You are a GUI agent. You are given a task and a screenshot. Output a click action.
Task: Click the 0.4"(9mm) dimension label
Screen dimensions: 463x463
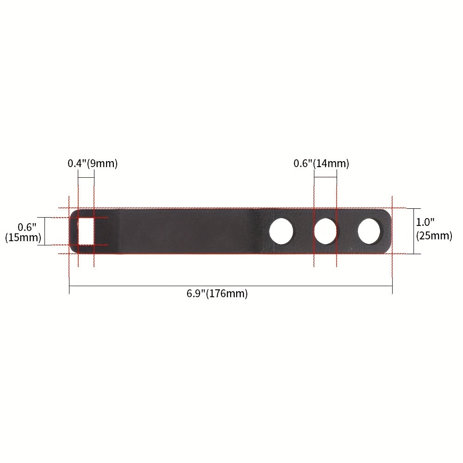coord(93,163)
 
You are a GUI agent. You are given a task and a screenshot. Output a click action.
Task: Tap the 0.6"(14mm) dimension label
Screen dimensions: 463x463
coord(321,163)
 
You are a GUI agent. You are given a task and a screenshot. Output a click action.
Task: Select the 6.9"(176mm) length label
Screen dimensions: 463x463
coord(217,294)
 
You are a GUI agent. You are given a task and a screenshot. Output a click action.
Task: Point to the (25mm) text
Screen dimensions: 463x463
coord(434,236)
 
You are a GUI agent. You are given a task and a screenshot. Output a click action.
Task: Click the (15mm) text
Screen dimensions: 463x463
coord(23,238)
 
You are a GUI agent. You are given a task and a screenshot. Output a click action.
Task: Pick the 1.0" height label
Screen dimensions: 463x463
coord(425,222)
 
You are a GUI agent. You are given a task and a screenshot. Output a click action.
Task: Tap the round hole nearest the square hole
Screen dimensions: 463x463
coord(281,231)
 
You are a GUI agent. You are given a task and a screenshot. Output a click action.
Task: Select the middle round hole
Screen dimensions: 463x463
coord(325,231)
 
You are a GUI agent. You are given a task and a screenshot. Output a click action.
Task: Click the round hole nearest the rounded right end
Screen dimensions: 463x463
coord(369,231)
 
